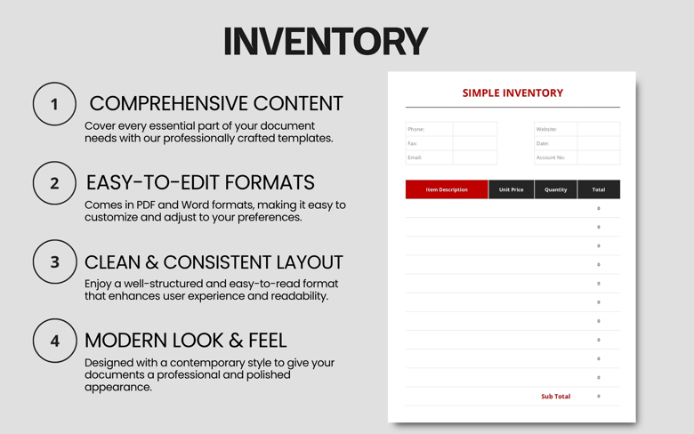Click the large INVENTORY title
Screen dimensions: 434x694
coord(326,42)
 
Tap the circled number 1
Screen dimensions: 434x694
coord(54,104)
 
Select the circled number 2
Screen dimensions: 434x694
coord(54,183)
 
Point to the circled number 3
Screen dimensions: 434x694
coord(54,262)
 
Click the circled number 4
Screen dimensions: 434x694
coord(54,341)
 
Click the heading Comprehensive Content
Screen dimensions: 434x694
coord(215,103)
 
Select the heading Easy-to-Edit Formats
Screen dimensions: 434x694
coord(200,182)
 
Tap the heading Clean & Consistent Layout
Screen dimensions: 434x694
coord(214,262)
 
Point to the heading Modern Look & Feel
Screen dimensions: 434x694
coord(185,340)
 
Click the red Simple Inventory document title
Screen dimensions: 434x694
coord(512,92)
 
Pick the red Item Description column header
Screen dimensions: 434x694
coord(447,189)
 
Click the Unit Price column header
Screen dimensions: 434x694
coord(511,189)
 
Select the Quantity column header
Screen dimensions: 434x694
coord(555,189)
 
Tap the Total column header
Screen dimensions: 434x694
coord(598,189)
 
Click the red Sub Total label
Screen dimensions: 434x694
coord(555,397)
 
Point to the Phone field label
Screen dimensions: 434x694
coord(416,129)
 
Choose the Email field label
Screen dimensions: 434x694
coord(416,157)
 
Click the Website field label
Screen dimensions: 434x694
coord(546,129)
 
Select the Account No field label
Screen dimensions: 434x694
coord(551,157)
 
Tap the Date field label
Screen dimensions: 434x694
coord(543,143)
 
